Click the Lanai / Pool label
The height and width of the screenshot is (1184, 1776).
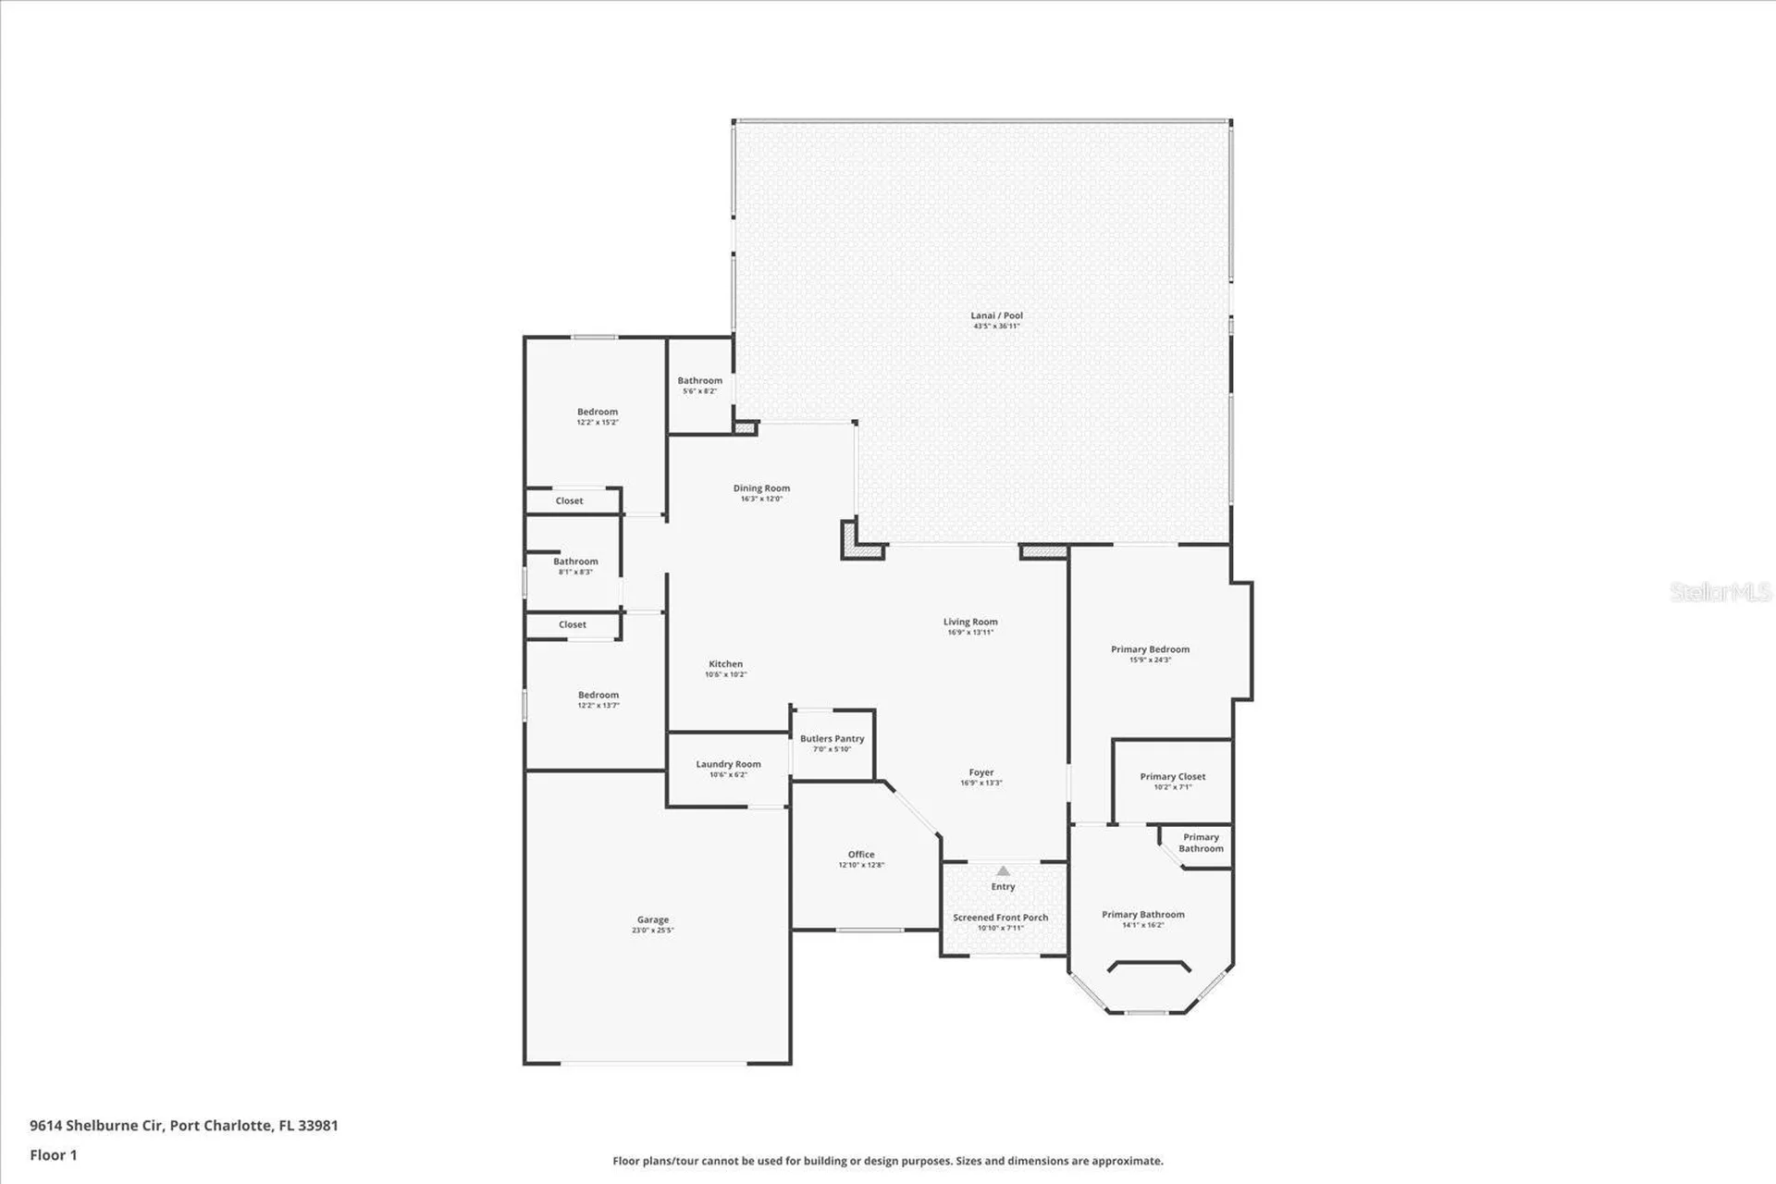point(996,315)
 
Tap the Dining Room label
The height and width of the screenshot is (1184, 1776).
point(761,488)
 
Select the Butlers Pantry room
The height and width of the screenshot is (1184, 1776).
point(832,743)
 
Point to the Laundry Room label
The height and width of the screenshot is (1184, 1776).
point(728,764)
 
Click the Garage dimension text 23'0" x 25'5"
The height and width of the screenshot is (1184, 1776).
point(653,931)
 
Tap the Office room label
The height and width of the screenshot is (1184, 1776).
point(861,855)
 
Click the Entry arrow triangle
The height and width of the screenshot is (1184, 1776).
point(1004,870)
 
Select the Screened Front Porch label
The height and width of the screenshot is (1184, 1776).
point(1001,918)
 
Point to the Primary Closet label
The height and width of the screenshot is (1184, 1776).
point(1172,777)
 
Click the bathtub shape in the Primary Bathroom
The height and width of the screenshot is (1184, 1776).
point(1149,968)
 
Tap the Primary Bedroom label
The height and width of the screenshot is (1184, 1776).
point(1150,649)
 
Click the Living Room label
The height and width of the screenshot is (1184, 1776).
point(970,622)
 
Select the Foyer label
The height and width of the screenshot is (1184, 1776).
point(981,772)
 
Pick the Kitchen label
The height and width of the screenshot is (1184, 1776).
point(725,664)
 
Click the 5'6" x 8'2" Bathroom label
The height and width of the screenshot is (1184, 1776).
point(699,380)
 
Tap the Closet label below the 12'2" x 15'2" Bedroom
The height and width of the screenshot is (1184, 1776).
point(569,500)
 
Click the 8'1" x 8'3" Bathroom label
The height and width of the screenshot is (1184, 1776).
point(575,561)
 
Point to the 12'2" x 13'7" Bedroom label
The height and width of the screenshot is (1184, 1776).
point(598,695)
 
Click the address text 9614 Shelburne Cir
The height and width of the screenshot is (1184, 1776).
point(96,1126)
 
